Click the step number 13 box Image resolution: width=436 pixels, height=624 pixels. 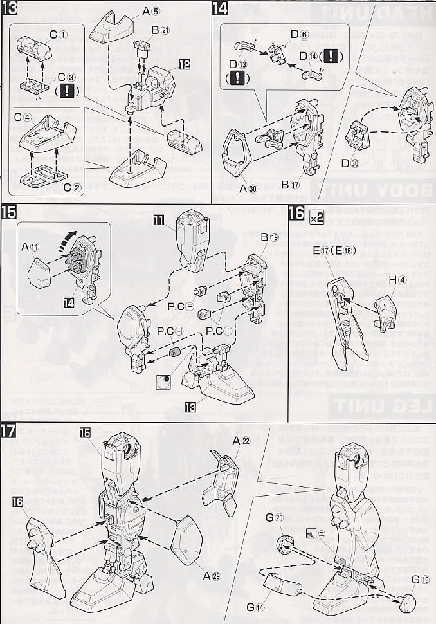[8, 8]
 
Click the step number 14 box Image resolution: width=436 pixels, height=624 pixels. [220, 8]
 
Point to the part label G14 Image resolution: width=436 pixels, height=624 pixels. [274, 606]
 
